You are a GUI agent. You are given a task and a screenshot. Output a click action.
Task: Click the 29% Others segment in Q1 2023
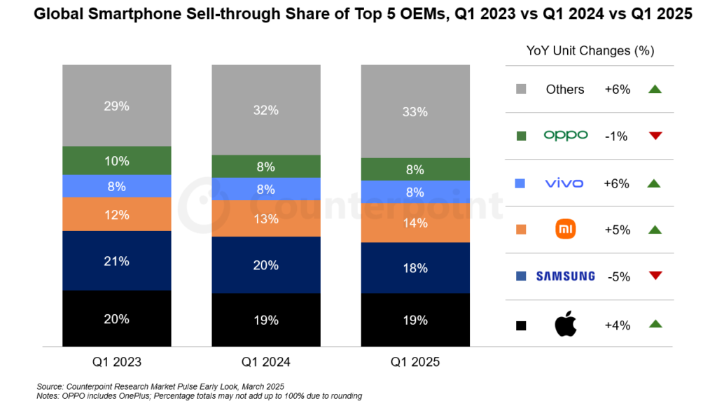(117, 106)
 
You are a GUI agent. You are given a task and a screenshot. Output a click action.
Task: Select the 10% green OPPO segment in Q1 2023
(117, 160)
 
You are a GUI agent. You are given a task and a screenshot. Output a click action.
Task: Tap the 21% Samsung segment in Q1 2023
(117, 260)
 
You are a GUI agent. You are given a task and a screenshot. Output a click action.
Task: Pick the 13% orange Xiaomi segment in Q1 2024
(267, 218)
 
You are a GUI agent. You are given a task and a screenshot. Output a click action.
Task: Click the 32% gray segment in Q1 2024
(267, 110)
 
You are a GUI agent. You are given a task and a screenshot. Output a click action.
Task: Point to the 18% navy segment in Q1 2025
(415, 267)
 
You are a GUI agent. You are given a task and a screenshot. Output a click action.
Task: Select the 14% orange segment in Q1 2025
(415, 223)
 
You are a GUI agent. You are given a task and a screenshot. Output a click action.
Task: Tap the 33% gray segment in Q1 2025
(415, 111)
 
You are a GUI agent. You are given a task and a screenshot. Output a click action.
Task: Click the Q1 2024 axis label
(266, 362)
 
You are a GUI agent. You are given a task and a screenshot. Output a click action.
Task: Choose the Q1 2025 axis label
(415, 362)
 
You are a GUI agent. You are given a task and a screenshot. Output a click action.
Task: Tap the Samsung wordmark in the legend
(565, 276)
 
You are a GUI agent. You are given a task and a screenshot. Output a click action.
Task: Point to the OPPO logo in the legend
(565, 136)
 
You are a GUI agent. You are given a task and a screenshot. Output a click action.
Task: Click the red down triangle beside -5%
(655, 276)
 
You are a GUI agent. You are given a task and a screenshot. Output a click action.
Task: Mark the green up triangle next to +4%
(655, 324)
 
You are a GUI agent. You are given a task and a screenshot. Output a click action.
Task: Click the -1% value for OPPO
(617, 136)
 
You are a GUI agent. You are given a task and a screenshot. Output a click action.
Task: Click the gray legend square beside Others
(521, 90)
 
